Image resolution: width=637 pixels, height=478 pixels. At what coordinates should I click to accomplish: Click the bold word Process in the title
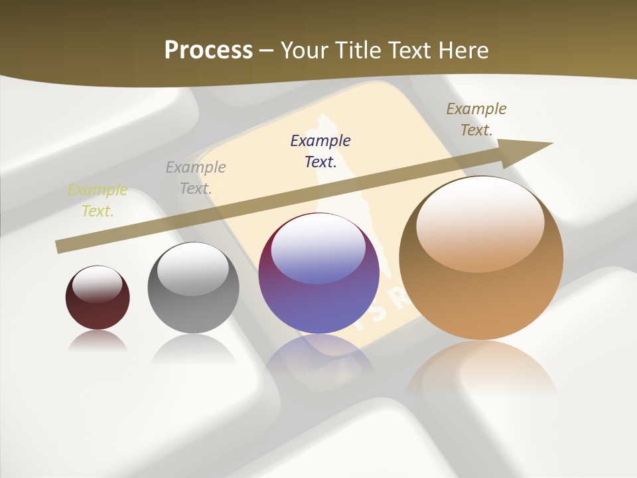208,50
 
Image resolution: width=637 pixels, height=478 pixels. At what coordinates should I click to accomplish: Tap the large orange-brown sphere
481,292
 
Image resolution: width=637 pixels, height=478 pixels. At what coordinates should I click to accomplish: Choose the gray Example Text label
196,178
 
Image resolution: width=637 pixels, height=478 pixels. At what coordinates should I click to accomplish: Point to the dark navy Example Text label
320,151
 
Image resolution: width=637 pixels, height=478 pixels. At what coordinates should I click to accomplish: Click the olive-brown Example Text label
476,119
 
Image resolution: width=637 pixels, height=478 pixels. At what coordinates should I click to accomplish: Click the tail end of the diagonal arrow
58,247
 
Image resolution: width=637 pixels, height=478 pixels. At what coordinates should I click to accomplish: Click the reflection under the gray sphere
193,349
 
